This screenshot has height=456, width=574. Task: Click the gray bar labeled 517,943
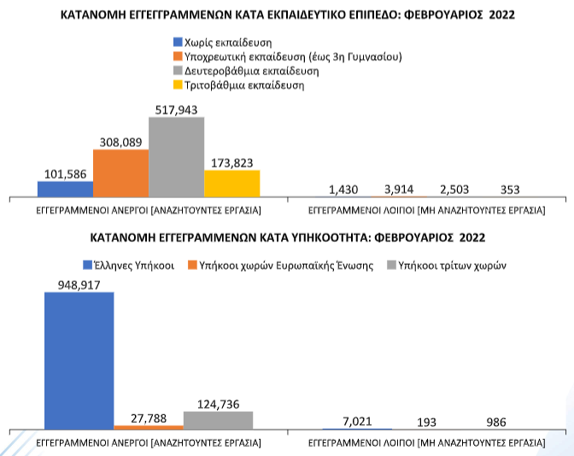(177, 157)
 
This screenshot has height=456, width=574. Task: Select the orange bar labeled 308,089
(120, 173)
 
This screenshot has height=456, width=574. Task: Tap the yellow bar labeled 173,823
(232, 184)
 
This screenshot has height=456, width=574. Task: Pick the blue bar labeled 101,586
(65, 189)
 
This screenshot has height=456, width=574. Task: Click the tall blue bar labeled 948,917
(79, 360)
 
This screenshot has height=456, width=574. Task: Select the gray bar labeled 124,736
(218, 420)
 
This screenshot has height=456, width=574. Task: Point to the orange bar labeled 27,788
(149, 427)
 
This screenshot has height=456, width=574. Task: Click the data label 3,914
(399, 190)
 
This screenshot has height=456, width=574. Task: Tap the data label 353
(510, 190)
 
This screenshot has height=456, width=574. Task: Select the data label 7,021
(357, 422)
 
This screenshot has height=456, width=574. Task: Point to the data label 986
(496, 422)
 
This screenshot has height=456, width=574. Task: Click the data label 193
(426, 423)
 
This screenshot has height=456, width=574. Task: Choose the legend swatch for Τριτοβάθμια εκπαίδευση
(178, 85)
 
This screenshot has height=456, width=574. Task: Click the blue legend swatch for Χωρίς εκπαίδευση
(178, 42)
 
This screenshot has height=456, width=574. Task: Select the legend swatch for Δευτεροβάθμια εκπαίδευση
(178, 71)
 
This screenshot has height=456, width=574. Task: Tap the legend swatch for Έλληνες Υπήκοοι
(88, 265)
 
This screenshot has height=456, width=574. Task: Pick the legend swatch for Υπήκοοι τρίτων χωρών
(392, 265)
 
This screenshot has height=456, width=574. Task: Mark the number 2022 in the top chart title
(501, 15)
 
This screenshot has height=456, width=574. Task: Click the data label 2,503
(454, 190)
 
